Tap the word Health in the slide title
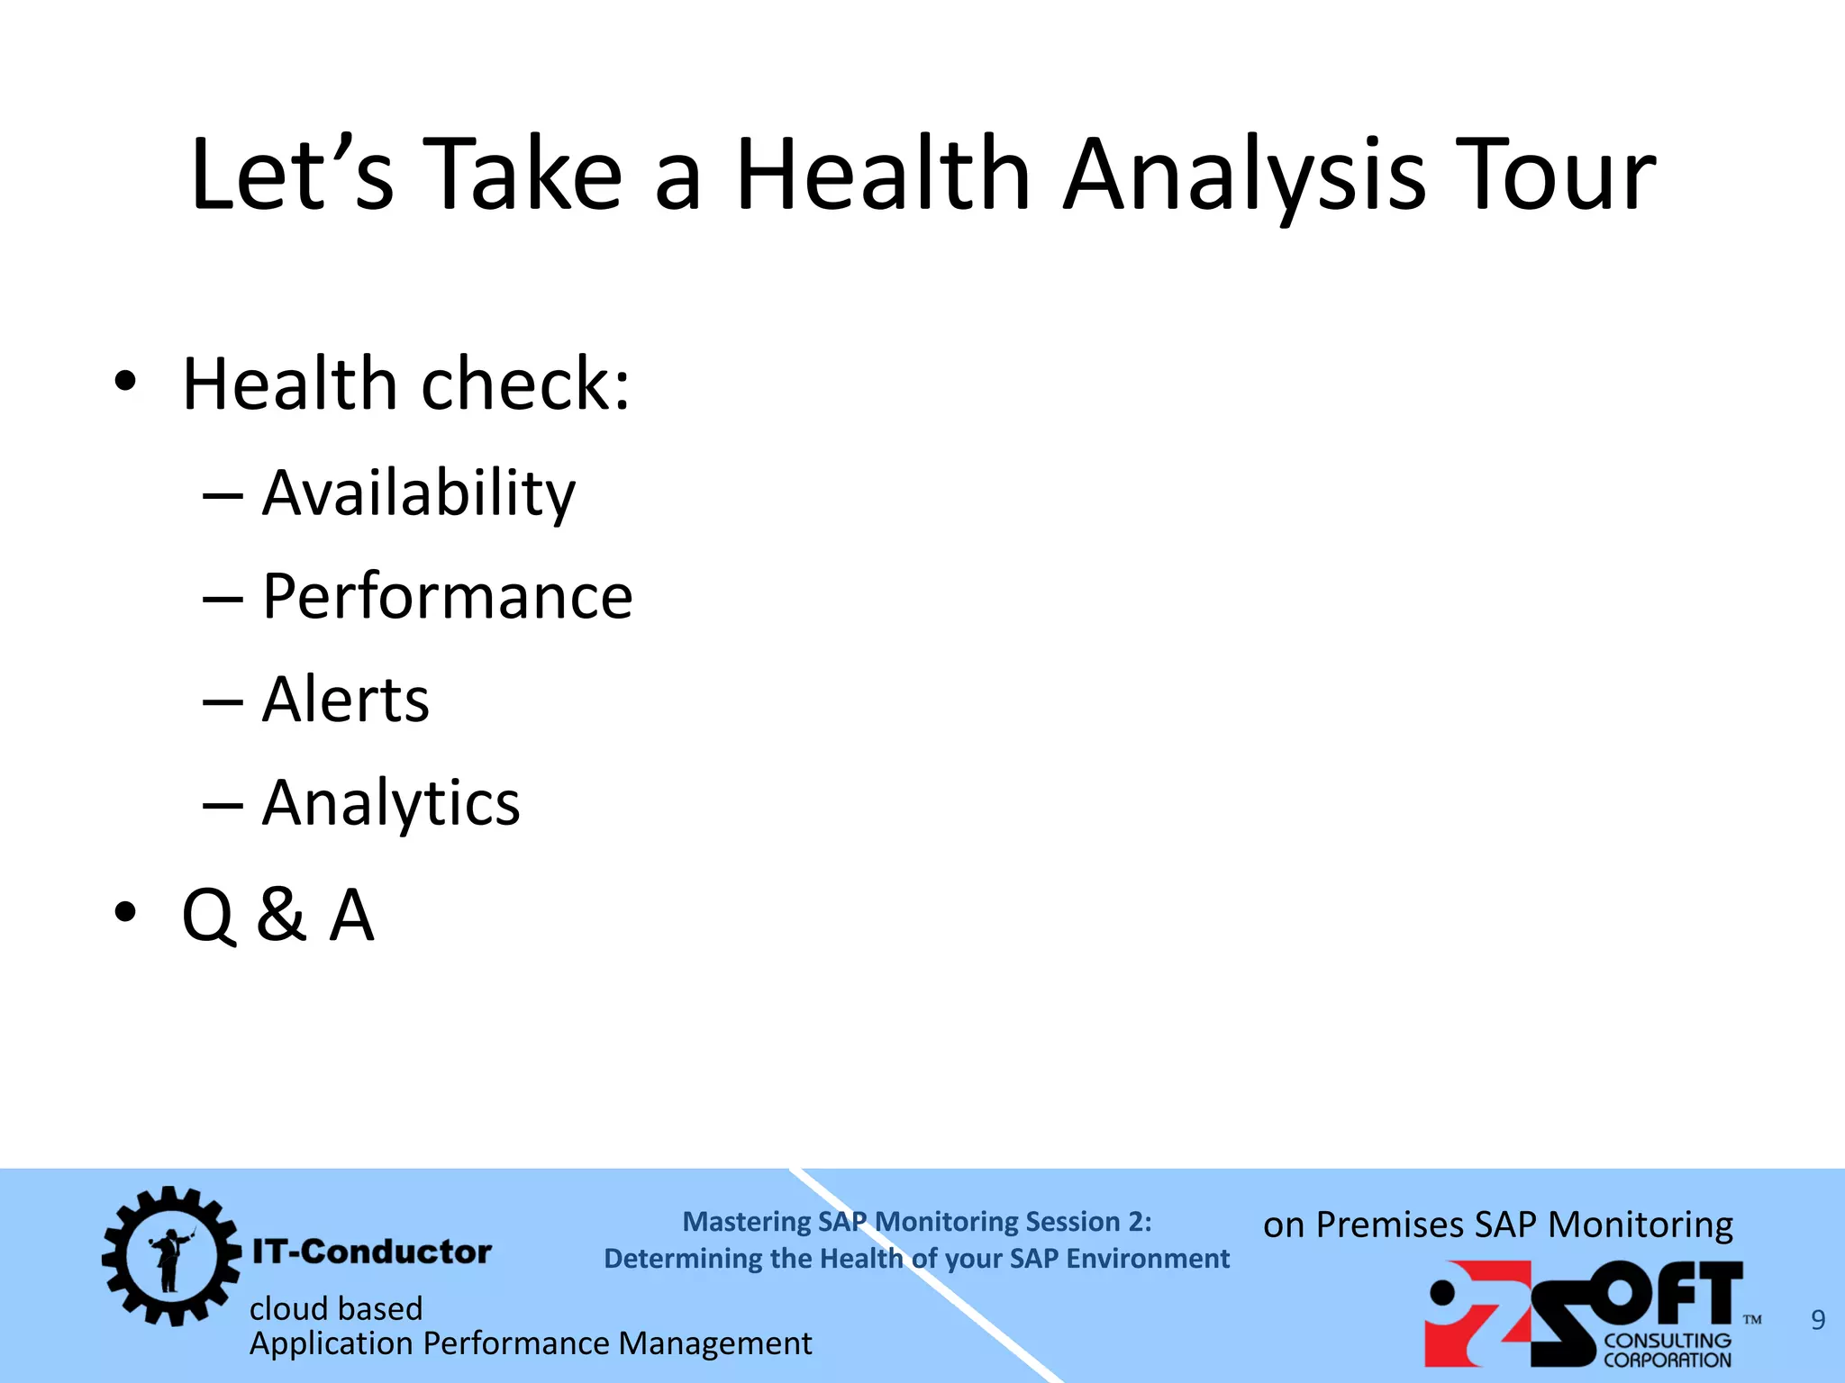pos(882,175)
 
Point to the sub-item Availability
pos(418,493)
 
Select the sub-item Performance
pos(447,596)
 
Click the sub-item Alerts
pos(345,700)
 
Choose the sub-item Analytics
pos(390,803)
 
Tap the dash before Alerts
pos(223,703)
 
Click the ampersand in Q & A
pos(280,915)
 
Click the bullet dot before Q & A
pos(125,912)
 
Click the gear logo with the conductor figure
pos(170,1255)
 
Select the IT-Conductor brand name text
pos(371,1252)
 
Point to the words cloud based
pos(335,1308)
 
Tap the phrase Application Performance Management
pos(530,1343)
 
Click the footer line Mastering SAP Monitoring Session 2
pos(916,1222)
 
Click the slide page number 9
pos(1818,1320)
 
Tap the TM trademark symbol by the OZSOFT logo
pos(1752,1320)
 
